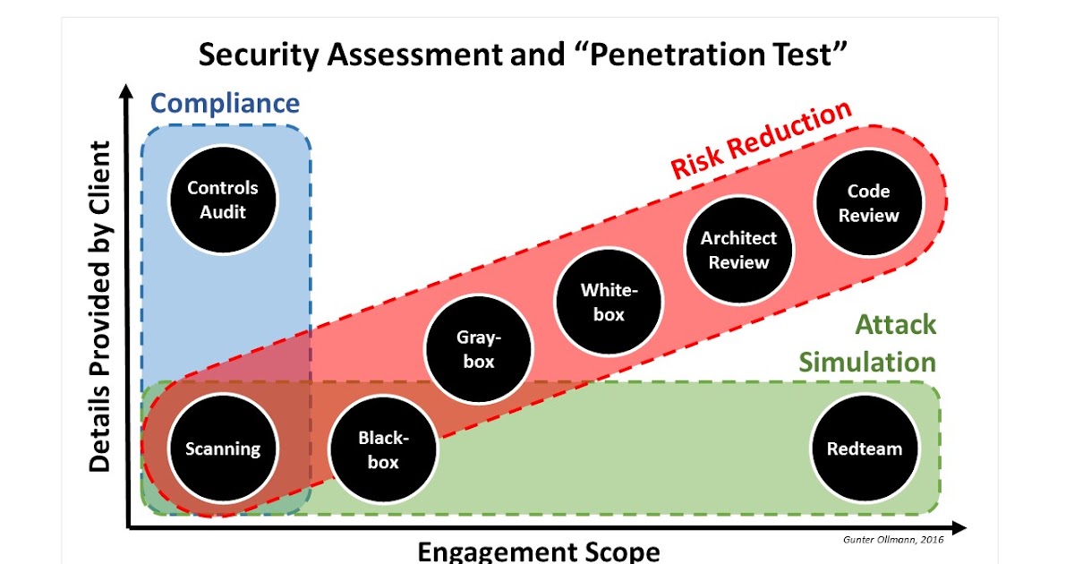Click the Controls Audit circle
222,200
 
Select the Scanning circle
222,449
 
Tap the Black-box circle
383,449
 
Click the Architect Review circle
738,250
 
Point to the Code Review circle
867,202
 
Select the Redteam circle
865,449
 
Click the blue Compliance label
224,104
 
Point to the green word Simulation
867,362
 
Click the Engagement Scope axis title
539,550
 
